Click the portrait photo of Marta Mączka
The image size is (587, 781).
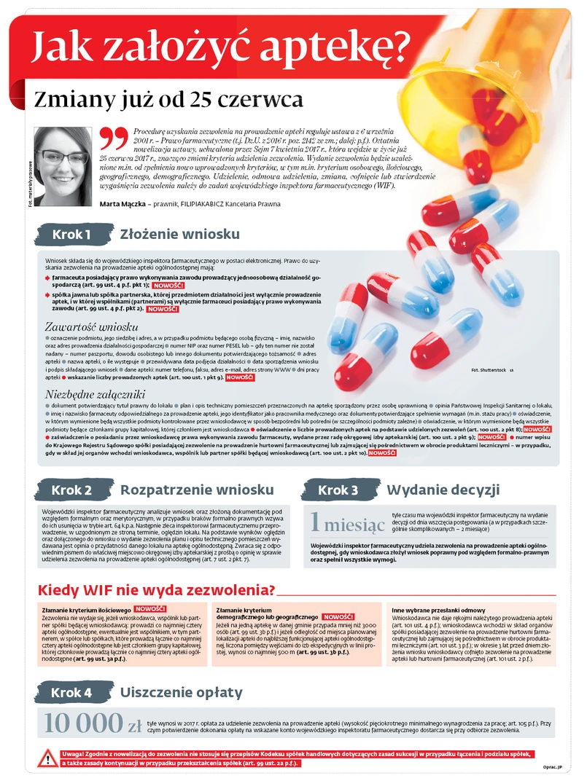tap(63, 166)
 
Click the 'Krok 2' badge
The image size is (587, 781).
tap(71, 490)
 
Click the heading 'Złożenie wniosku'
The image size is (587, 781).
tap(179, 234)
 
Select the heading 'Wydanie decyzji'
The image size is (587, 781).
tap(442, 490)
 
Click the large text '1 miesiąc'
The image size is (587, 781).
tap(346, 522)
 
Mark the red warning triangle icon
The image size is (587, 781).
tap(47, 758)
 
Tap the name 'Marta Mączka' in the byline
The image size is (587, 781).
tap(121, 204)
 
